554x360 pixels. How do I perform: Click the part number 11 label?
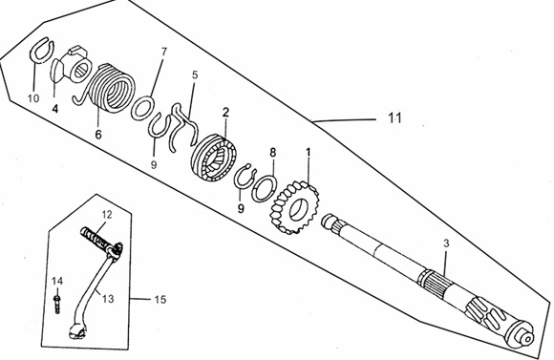394,117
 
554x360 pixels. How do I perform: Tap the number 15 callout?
160,300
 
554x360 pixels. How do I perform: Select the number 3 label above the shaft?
446,244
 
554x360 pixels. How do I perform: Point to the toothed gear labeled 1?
293,208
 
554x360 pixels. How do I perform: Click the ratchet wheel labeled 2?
214,158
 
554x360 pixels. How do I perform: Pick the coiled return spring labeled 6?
107,88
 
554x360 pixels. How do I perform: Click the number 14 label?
57,281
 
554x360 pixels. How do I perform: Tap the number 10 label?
33,97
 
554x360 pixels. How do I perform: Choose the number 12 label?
107,215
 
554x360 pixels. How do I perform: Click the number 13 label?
108,299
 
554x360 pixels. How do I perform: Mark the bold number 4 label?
54,108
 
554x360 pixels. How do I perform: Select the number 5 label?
195,74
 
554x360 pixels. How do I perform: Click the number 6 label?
97,135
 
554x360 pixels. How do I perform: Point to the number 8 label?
273,153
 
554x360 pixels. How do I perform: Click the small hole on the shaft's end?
527,340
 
